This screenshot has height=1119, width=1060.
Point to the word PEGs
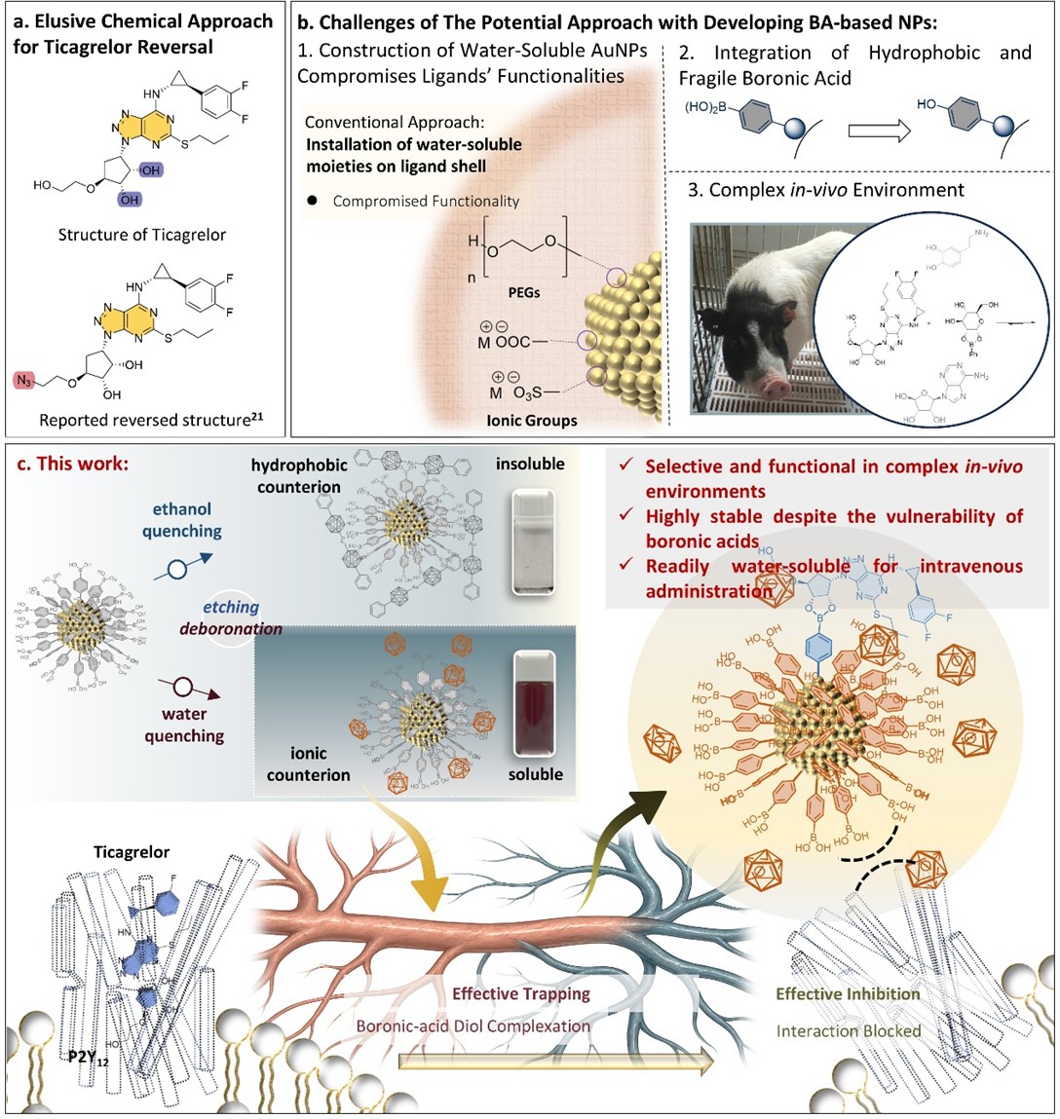[523, 292]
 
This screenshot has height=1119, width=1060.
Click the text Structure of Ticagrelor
[141, 235]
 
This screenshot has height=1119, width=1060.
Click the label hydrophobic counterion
[298, 475]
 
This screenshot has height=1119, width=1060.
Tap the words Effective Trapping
[521, 993]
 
